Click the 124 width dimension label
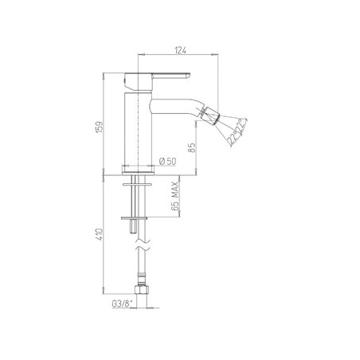(x=180, y=50)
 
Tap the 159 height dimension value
(x=100, y=127)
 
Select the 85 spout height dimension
(x=192, y=148)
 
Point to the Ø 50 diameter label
(x=167, y=161)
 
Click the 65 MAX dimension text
(x=175, y=196)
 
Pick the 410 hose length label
(x=100, y=234)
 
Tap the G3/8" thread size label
(x=122, y=304)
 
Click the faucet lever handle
(x=157, y=80)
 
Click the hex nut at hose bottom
(x=141, y=289)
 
